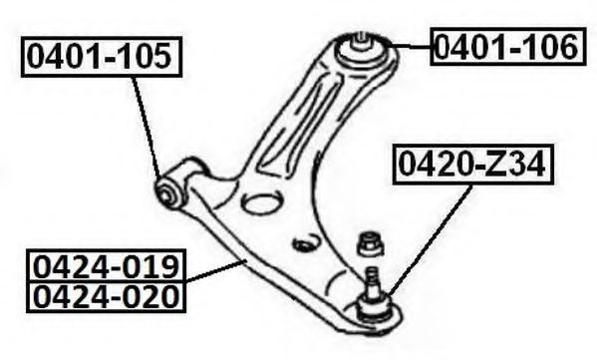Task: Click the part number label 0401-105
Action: (x=102, y=57)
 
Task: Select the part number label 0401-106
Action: (x=508, y=47)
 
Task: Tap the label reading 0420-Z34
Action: (x=472, y=165)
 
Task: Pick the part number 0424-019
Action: (x=106, y=266)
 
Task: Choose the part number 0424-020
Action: (x=106, y=296)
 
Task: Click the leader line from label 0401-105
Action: (x=147, y=127)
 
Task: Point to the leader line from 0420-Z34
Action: (x=431, y=239)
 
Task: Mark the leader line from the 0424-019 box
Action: (x=216, y=271)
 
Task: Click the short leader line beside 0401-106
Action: (x=411, y=47)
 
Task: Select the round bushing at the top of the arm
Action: (x=360, y=50)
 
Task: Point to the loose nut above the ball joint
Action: (x=370, y=243)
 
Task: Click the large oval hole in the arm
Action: (x=263, y=202)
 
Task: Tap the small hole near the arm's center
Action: (x=305, y=243)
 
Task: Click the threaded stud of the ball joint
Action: (x=372, y=278)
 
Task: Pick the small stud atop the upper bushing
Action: (x=360, y=40)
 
